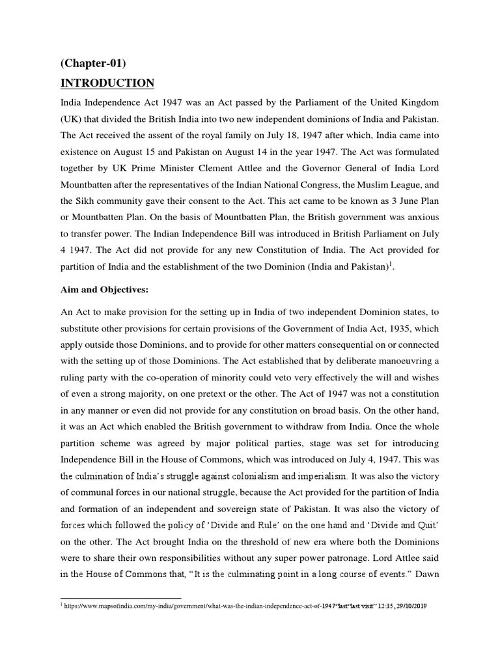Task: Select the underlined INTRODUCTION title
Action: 107,83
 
